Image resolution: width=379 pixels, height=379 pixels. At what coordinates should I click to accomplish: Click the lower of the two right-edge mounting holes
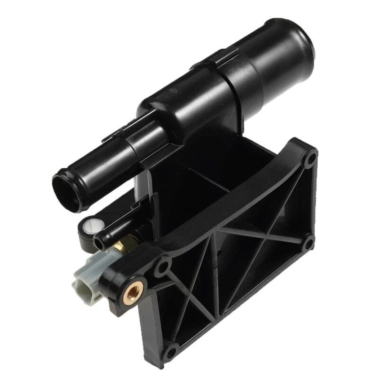(308, 243)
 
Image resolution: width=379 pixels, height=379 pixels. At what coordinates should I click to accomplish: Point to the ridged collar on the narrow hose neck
(142, 137)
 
